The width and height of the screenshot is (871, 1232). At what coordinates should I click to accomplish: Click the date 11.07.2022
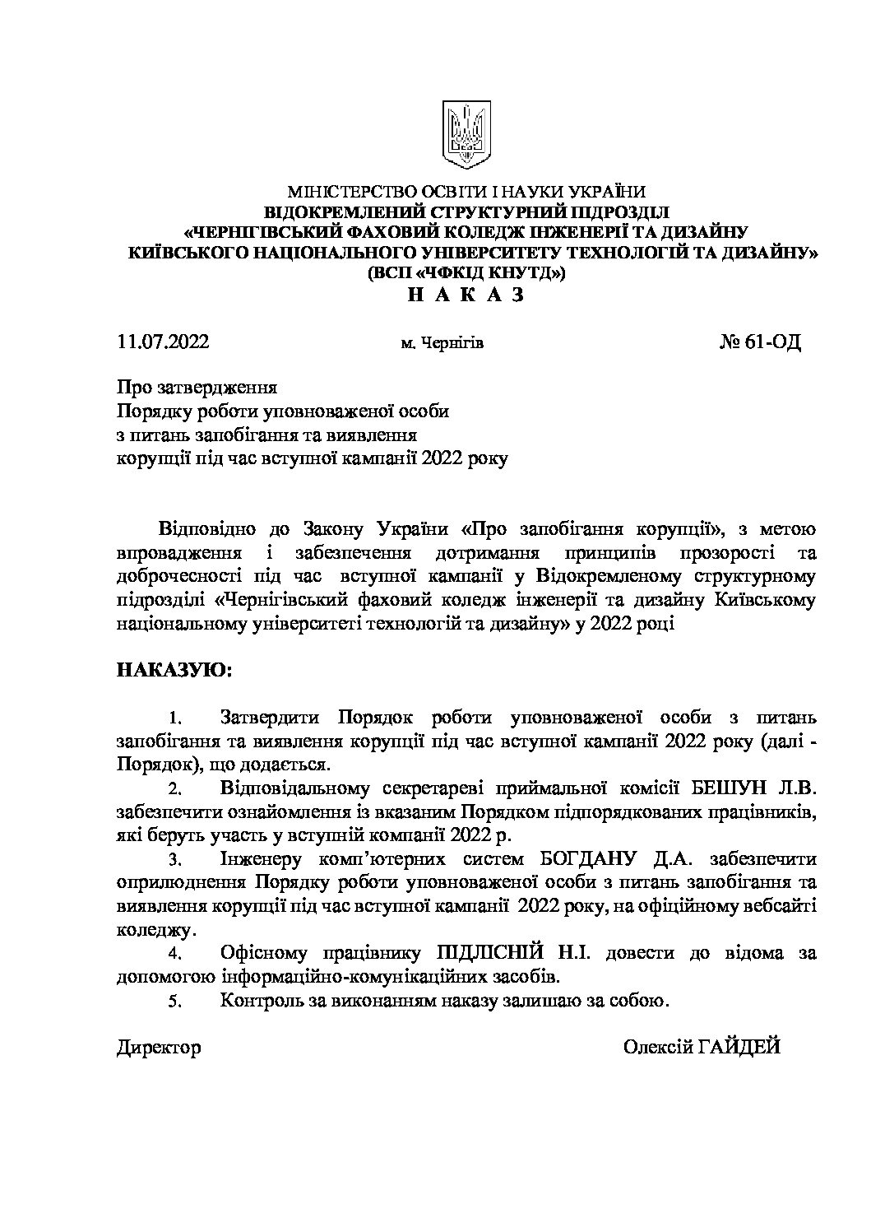(x=163, y=342)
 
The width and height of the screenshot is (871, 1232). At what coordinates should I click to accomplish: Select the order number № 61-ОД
(x=759, y=342)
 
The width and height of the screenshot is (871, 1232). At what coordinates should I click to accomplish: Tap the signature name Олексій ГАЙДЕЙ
(x=701, y=1048)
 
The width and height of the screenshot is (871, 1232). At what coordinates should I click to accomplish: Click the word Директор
(x=160, y=1048)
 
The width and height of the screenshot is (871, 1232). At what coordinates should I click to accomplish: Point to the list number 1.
(x=174, y=719)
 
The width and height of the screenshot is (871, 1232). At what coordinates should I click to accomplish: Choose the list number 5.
(x=174, y=1002)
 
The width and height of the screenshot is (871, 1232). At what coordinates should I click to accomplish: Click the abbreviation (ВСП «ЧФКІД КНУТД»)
(x=466, y=273)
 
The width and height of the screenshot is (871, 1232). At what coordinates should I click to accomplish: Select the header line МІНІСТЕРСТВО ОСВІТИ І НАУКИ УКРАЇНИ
(x=466, y=191)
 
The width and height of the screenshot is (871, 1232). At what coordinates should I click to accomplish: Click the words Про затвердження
(x=197, y=388)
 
